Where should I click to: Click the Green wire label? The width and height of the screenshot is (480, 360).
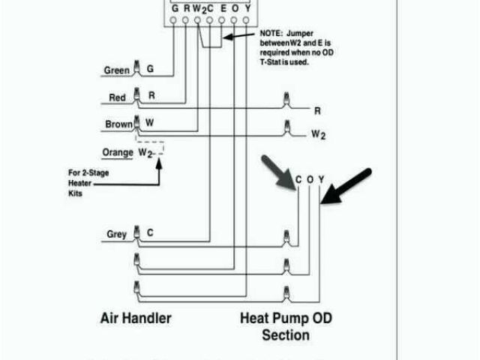(x=116, y=71)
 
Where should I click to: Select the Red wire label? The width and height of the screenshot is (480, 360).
(x=117, y=98)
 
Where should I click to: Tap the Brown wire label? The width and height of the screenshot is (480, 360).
(x=118, y=124)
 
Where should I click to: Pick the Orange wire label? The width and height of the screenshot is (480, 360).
(x=118, y=152)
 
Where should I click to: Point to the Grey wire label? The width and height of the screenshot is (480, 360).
(x=116, y=235)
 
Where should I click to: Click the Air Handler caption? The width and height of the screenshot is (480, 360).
(x=136, y=318)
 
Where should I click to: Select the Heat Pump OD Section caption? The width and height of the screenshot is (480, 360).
(x=286, y=326)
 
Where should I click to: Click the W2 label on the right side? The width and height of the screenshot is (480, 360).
(x=319, y=136)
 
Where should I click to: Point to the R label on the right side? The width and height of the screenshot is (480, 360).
(x=317, y=111)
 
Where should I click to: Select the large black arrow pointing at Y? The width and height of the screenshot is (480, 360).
(x=346, y=186)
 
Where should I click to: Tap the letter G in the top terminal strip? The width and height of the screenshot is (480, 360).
(x=173, y=7)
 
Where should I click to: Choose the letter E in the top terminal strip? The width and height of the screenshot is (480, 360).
(x=223, y=7)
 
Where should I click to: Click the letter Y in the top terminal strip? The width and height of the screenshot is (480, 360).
(x=247, y=7)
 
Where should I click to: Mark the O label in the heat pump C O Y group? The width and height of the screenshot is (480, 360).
(x=310, y=180)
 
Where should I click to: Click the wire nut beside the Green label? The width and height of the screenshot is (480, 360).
(x=136, y=70)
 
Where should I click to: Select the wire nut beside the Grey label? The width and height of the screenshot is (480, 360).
(x=136, y=233)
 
